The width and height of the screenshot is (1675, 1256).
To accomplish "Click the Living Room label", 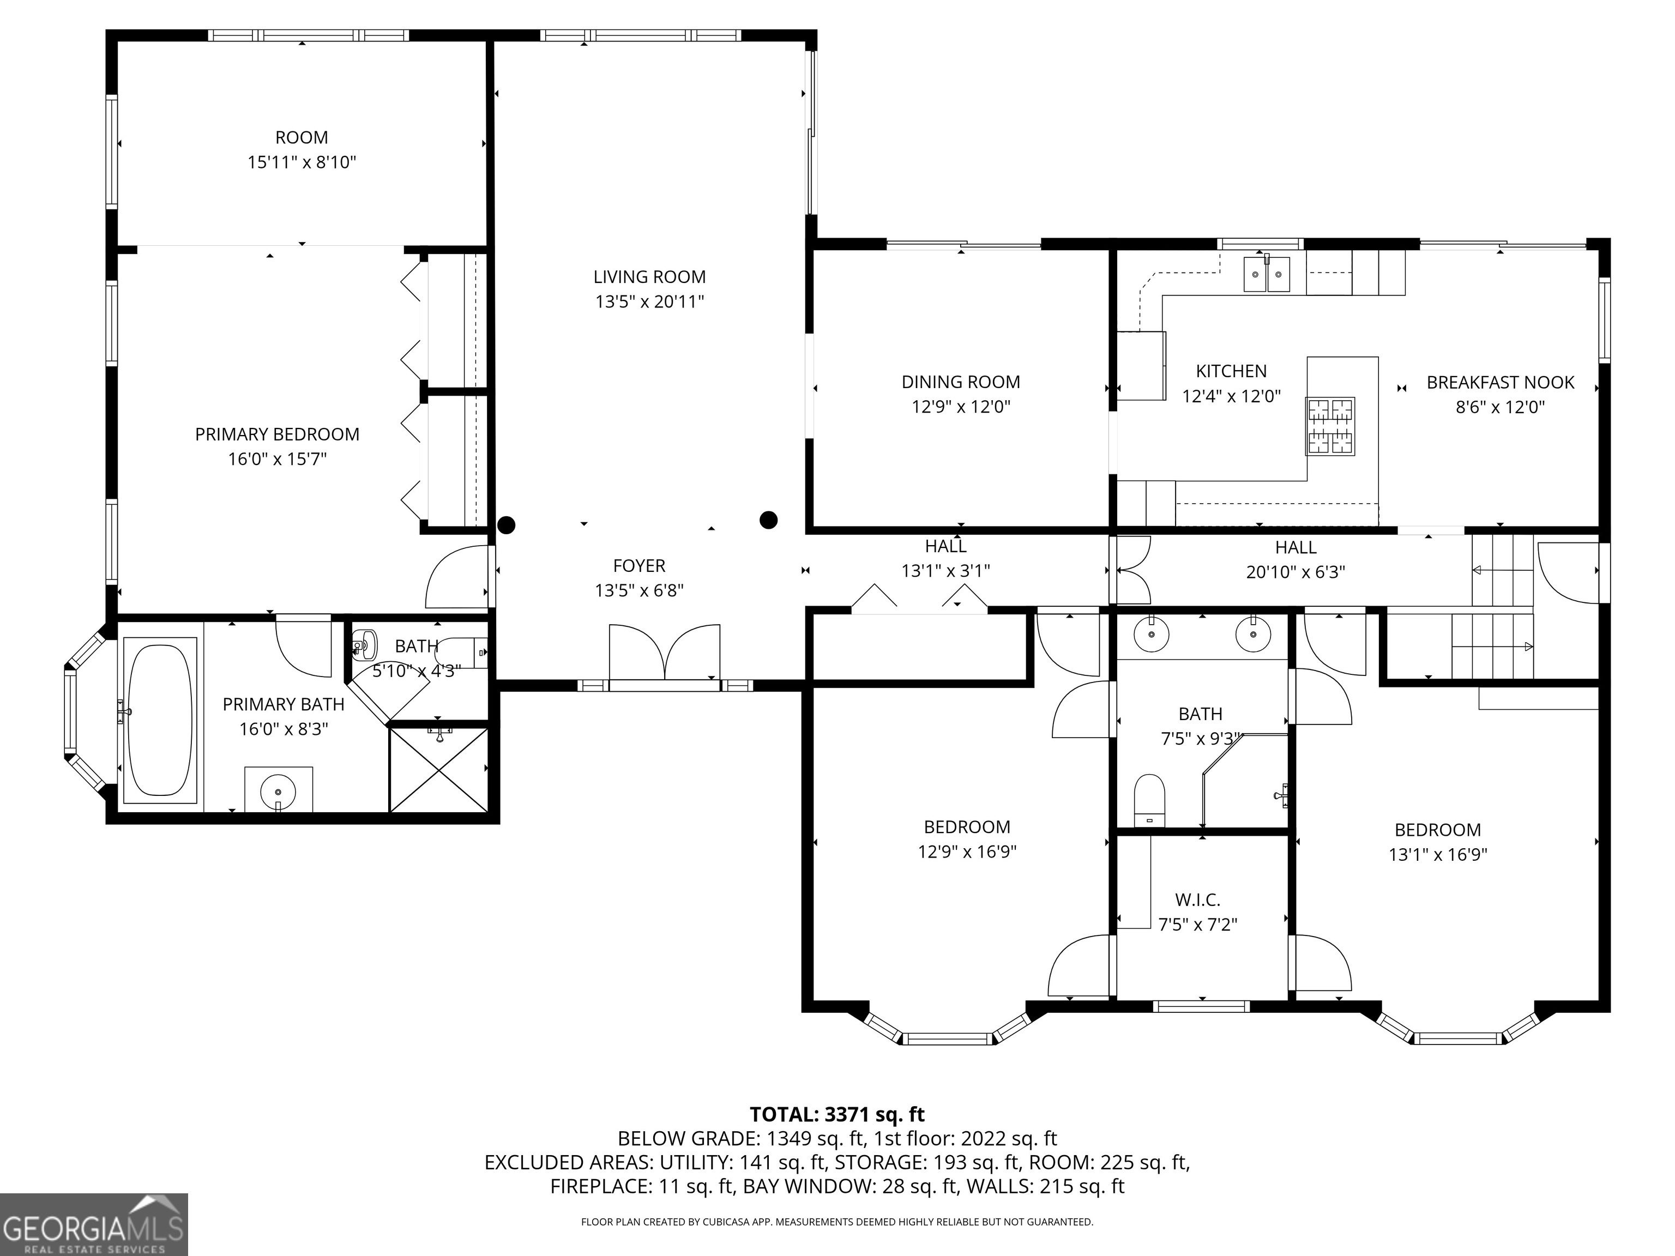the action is click(649, 277).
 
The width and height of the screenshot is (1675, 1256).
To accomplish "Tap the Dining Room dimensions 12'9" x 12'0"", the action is click(960, 407).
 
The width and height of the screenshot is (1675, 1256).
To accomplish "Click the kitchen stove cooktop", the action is click(1330, 426).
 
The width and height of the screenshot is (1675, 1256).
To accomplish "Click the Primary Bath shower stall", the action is click(438, 769).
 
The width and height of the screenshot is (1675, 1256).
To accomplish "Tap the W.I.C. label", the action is click(1197, 900).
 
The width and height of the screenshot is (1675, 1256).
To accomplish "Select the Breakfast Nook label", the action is click(1500, 382).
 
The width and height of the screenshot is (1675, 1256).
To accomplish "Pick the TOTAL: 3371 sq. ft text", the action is click(837, 1114).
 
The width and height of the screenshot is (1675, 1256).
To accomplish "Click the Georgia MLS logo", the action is click(94, 1224).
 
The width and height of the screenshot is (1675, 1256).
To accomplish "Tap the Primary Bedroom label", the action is click(277, 434).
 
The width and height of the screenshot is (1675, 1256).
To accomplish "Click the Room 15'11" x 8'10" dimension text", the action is click(302, 162).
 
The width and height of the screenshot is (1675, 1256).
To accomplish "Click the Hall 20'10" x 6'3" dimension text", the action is click(1296, 572).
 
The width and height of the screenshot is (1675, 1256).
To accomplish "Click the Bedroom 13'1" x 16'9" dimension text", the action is click(1437, 855).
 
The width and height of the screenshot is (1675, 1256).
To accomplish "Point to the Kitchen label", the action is click(1231, 371).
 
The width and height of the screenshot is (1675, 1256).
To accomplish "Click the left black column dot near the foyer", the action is click(506, 524).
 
